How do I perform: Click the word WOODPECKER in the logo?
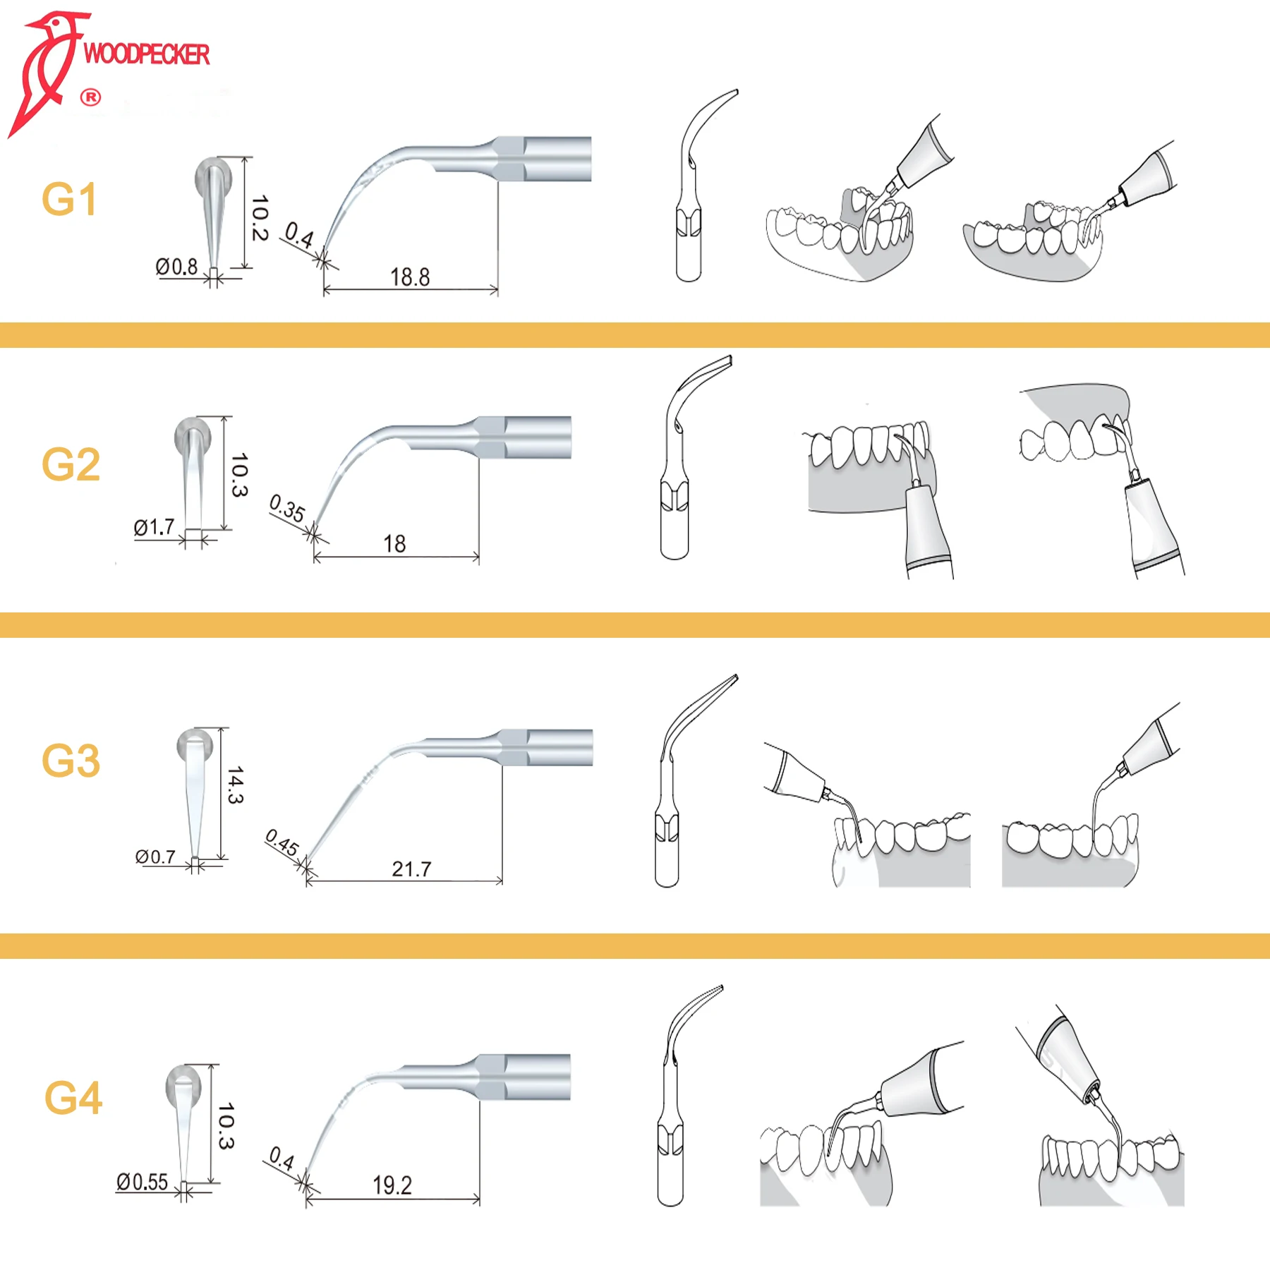point(146,54)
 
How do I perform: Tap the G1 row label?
point(69,200)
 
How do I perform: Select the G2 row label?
point(71,465)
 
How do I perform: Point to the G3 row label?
point(71,761)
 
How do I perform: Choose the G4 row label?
point(73,1099)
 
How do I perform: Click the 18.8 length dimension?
point(410,277)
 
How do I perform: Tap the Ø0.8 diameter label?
point(176,267)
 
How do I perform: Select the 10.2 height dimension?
point(260,218)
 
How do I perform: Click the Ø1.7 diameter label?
point(154,527)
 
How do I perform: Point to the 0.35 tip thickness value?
point(287,508)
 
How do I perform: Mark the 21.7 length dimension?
point(411,869)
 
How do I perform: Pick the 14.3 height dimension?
point(236,785)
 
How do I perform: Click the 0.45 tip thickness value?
point(282,843)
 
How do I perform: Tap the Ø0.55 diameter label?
point(142,1182)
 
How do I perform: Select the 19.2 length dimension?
point(392,1185)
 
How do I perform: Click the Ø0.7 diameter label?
point(155,857)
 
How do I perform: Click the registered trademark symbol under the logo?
point(90,97)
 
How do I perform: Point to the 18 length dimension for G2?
point(394,544)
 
